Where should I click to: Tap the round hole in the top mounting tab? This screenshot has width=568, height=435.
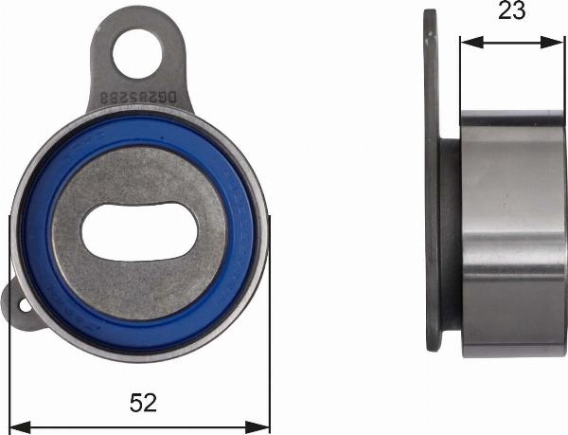point(137,53)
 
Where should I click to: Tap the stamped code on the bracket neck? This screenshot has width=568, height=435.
point(143,98)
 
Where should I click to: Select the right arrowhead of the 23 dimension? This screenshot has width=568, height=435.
point(558,42)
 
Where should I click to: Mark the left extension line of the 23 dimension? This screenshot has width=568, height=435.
point(460,76)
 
